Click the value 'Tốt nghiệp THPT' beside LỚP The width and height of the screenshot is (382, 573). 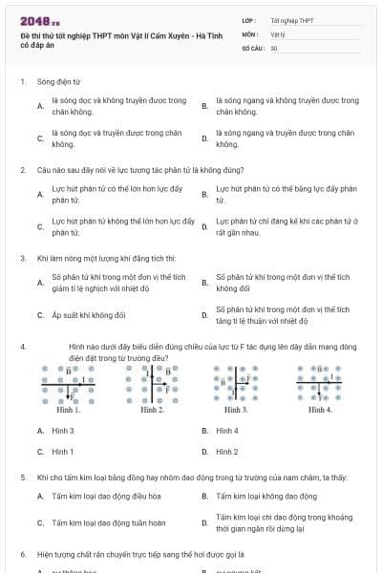coord(291,19)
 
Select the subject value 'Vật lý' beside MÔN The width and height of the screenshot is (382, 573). coord(278,33)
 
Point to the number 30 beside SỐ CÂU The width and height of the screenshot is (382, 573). coord(274,47)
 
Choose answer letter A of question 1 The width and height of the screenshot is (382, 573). coord(39,106)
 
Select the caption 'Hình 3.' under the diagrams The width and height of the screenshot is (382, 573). coord(236,410)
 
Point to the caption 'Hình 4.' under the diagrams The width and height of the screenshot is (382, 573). coord(320,410)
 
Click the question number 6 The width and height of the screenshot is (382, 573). coord(23,554)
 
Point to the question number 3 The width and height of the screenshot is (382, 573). coord(23,258)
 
